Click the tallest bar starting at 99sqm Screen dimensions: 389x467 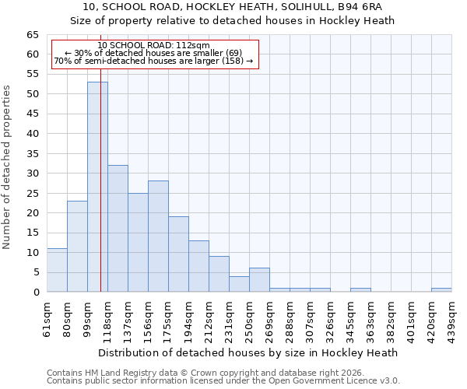[97, 187]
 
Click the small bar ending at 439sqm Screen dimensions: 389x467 [441, 289]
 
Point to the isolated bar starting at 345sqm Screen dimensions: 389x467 [360, 289]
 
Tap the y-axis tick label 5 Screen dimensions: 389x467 [35, 272]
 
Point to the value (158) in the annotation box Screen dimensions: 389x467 [233, 61]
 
